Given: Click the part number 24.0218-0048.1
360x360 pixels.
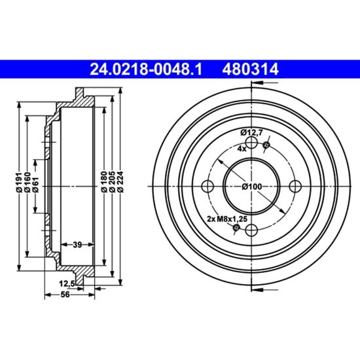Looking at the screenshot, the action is tap(146, 69).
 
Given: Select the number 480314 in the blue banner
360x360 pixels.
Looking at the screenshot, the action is tap(250, 69).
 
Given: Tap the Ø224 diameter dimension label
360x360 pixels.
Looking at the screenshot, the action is tap(120, 181).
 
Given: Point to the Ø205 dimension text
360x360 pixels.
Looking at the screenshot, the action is tap(113, 181).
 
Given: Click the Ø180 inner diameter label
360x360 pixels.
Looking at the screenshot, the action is tap(104, 181).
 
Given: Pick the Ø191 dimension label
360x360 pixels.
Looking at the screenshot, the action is tap(19, 181).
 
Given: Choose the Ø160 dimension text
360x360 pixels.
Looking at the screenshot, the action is tap(27, 181).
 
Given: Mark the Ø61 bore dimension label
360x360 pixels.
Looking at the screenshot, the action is tap(35, 184).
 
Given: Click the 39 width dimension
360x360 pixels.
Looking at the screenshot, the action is tap(77, 245).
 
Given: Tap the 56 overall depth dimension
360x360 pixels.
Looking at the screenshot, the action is tap(65, 295).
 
